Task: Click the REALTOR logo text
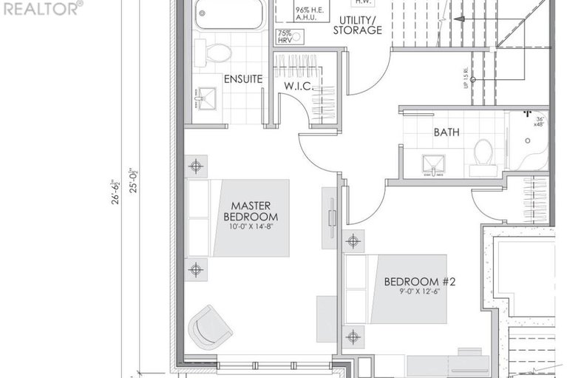tap(42, 8)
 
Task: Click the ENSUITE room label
tap(242, 79)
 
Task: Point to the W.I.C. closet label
tap(299, 87)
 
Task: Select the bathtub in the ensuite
tap(229, 14)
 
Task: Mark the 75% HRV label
tap(285, 37)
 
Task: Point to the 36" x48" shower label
tap(540, 121)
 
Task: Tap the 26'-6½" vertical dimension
tap(115, 191)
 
